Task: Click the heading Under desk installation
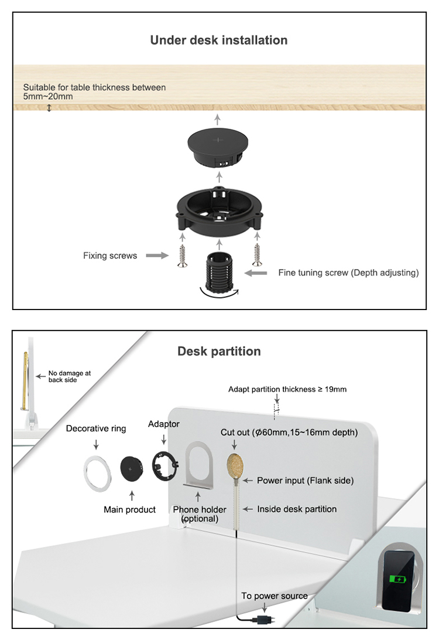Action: [x=219, y=40]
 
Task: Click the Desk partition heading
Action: [x=219, y=351]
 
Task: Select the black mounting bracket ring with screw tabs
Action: [x=219, y=212]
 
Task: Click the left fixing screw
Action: [x=183, y=256]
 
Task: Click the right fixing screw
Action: [x=257, y=255]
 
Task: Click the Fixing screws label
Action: [x=110, y=256]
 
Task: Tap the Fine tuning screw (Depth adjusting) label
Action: [x=348, y=273]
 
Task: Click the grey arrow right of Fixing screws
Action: [x=157, y=255]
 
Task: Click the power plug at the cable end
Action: [x=263, y=620]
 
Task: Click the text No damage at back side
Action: [x=69, y=376]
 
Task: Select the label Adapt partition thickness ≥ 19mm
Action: [x=287, y=389]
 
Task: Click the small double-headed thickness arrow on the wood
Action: [x=49, y=108]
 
